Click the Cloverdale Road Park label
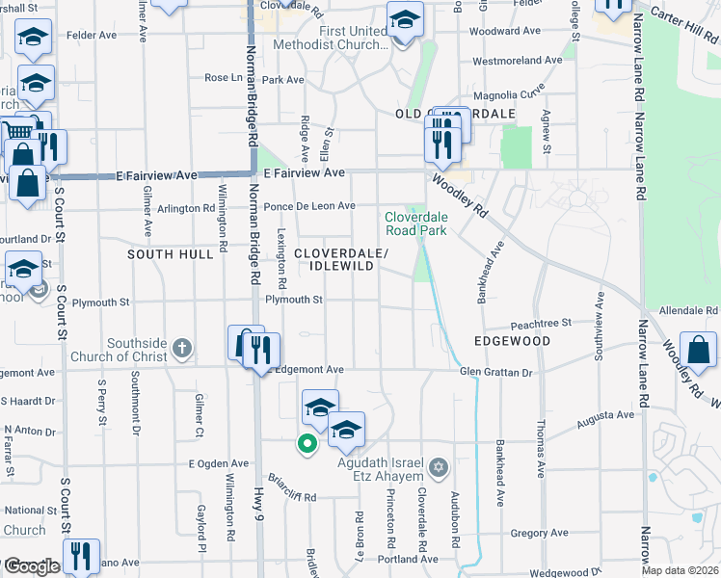(416, 223)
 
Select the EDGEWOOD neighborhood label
(512, 341)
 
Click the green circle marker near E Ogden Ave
(307, 443)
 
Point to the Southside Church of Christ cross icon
(184, 346)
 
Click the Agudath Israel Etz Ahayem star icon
(440, 467)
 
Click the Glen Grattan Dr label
(495, 372)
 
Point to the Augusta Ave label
(605, 416)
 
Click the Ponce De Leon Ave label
(310, 206)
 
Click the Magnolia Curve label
(511, 94)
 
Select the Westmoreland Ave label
(517, 60)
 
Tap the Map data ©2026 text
(680, 570)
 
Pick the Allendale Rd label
(688, 310)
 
